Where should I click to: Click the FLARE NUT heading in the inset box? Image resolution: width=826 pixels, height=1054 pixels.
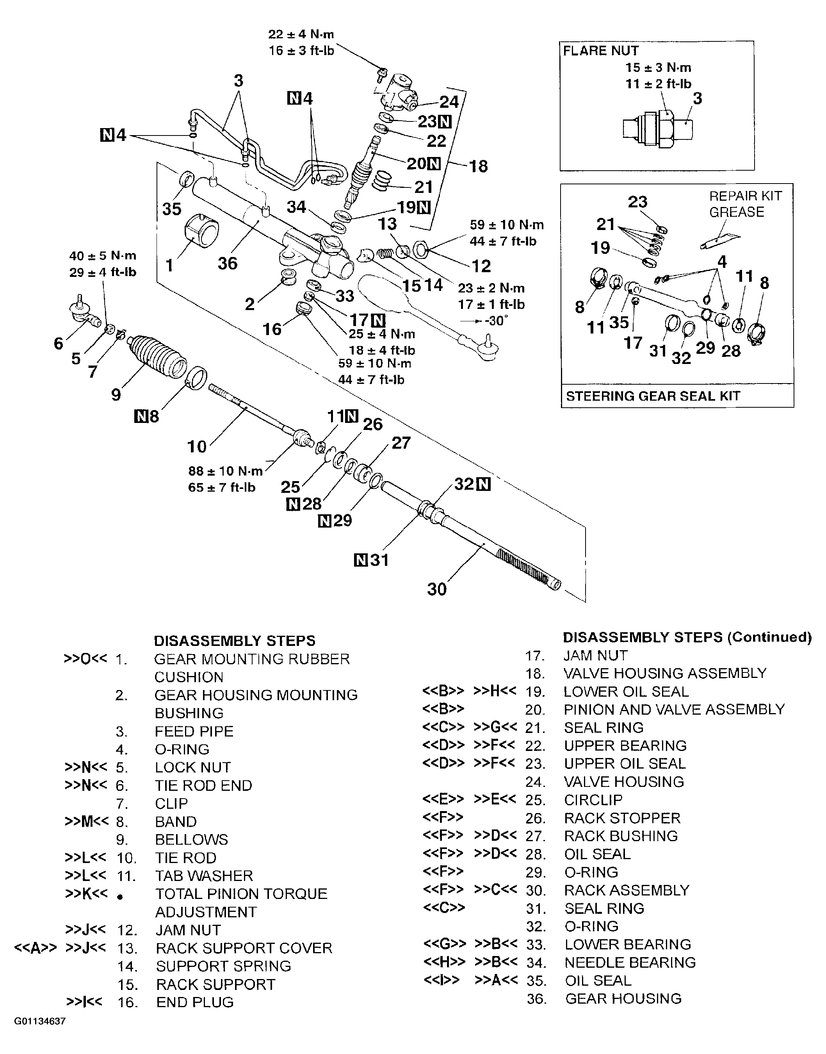pyautogui.click(x=601, y=51)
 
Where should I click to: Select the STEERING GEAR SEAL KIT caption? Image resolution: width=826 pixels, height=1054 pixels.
pyautogui.click(x=653, y=396)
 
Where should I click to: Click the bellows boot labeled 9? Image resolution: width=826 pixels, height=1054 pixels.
pyautogui.click(x=158, y=357)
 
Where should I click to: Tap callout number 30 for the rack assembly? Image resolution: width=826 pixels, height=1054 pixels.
pyautogui.click(x=437, y=589)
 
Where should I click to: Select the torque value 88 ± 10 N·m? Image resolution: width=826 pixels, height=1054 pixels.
pyautogui.click(x=225, y=471)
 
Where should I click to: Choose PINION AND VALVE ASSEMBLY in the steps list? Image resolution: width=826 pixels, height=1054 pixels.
pyautogui.click(x=674, y=709)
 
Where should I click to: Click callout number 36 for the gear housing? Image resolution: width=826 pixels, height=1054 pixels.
pyautogui.click(x=227, y=263)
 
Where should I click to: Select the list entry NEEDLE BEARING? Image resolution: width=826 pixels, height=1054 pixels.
pyautogui.click(x=630, y=962)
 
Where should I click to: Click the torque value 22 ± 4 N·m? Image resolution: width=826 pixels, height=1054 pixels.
pyautogui.click(x=301, y=34)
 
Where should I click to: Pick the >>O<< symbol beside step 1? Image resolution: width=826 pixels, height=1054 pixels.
pyautogui.click(x=85, y=659)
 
